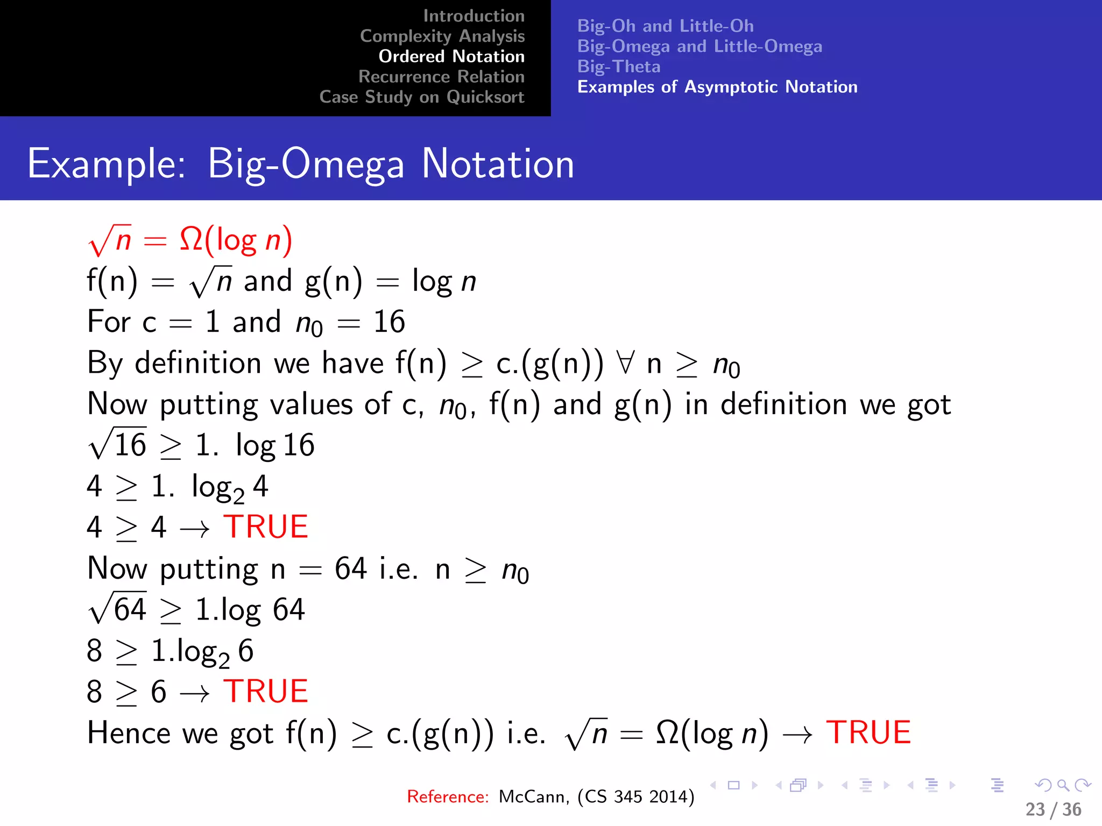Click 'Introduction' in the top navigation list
(x=474, y=16)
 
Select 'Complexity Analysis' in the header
(x=442, y=36)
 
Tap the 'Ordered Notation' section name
(x=451, y=56)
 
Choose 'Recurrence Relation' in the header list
(x=441, y=77)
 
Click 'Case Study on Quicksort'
(x=421, y=97)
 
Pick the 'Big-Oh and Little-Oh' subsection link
(x=665, y=26)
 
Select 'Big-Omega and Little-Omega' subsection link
(x=700, y=46)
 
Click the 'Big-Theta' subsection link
(x=619, y=67)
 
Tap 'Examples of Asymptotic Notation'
(x=717, y=87)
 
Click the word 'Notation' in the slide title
(x=498, y=164)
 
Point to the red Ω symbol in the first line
(x=191, y=239)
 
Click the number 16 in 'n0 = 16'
(x=389, y=322)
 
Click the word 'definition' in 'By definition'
(x=197, y=363)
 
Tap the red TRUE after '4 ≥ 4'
(x=266, y=527)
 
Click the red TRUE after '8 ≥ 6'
(x=266, y=692)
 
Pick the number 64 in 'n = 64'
(x=351, y=568)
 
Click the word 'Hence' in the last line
(x=128, y=733)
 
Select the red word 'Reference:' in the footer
(x=448, y=796)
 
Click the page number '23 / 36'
(x=1053, y=809)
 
